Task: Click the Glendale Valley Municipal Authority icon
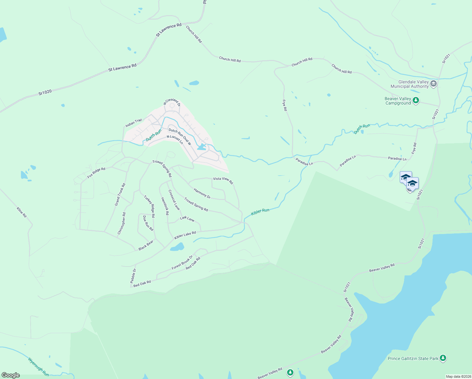(x=434, y=84)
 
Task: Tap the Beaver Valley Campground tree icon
(x=416, y=101)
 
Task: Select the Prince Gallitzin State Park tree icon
(x=443, y=358)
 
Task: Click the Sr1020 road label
(x=45, y=93)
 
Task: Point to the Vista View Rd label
(x=223, y=180)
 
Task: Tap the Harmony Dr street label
(x=202, y=193)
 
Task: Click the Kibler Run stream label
(x=260, y=212)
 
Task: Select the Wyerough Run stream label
(x=38, y=367)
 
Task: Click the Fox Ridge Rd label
(x=96, y=173)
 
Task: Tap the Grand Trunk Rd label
(x=120, y=195)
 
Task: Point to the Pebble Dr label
(x=133, y=275)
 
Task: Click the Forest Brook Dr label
(x=182, y=262)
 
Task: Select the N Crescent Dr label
(x=172, y=102)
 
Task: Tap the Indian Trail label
(x=133, y=123)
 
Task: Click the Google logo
(x=10, y=375)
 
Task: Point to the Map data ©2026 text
(x=458, y=376)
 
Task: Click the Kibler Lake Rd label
(x=185, y=235)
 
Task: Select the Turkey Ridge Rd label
(x=149, y=207)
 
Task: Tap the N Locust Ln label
(x=175, y=139)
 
